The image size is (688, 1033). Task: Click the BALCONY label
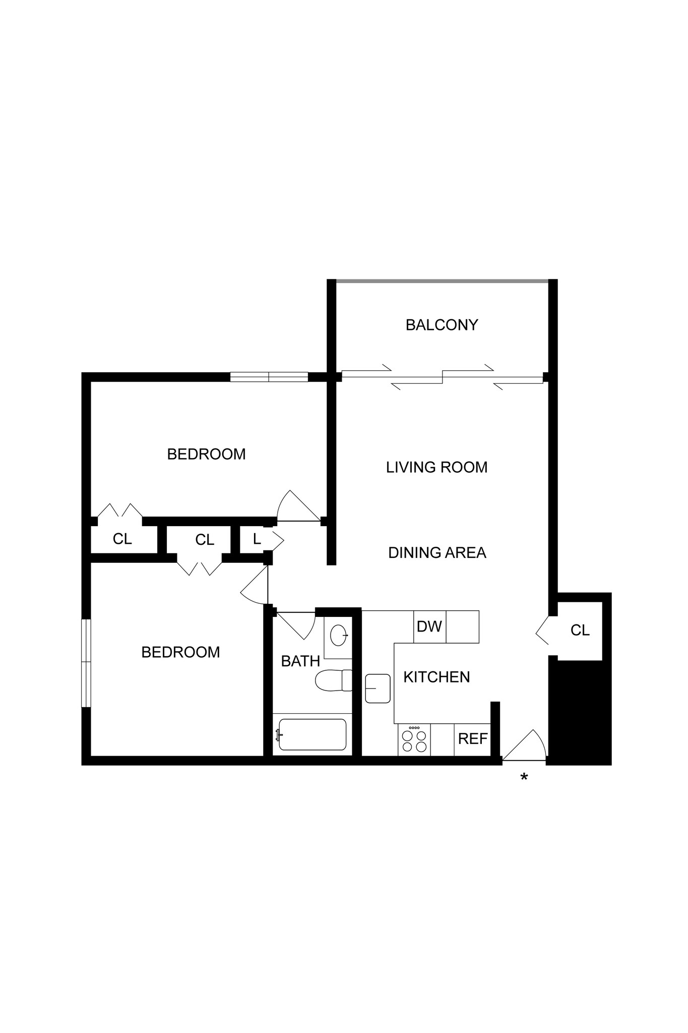pos(442,325)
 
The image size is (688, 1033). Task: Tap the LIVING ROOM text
pos(436,467)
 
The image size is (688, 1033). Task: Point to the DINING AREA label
pos(437,553)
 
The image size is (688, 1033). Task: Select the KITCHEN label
pos(436,677)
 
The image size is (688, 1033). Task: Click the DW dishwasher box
pos(429,627)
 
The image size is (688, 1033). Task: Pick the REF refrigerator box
pos(472,739)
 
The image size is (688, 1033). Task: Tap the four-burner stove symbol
pos(414,740)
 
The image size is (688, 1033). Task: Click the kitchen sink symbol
pos(378,688)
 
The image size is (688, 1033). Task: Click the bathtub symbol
pos(311,734)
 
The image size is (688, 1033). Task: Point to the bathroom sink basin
pos(338,635)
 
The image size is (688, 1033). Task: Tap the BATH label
pos(300,661)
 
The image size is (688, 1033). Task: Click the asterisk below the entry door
pos(524,777)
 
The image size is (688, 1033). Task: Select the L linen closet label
pos(257,539)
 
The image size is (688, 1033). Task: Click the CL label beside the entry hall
pos(580,630)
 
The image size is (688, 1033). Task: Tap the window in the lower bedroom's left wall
pos(87,663)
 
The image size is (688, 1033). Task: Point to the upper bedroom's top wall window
pos(269,377)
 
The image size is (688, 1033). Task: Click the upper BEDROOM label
pos(206,454)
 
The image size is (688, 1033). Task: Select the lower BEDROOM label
pos(180,653)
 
